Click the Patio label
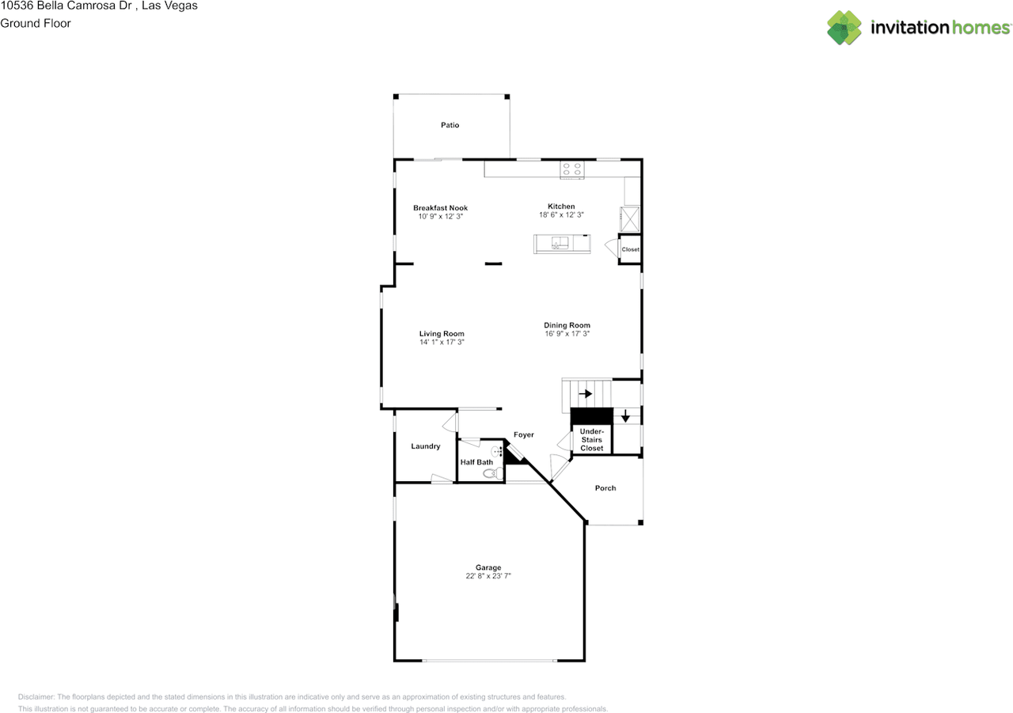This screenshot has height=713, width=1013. [x=450, y=125]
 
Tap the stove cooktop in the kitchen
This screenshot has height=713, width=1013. [x=571, y=169]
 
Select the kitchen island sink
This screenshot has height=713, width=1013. [x=560, y=243]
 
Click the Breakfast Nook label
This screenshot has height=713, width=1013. [x=440, y=208]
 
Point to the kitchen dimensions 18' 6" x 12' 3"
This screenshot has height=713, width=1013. [x=561, y=214]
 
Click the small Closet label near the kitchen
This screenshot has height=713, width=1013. [x=631, y=249]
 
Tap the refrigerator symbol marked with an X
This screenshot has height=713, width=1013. [x=629, y=219]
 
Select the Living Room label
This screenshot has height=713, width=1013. [x=442, y=334]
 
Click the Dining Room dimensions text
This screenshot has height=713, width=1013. [x=567, y=334]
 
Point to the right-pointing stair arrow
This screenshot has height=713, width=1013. [x=585, y=394]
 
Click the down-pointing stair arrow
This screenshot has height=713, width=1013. [x=625, y=416]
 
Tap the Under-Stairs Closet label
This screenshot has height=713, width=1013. [x=591, y=439]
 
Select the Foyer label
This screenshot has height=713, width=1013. [x=524, y=435]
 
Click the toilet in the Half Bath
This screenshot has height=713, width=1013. [x=493, y=473]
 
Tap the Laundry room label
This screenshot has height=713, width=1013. [x=426, y=446]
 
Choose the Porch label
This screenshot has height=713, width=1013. [x=605, y=488]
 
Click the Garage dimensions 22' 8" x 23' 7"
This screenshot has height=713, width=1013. [x=488, y=576]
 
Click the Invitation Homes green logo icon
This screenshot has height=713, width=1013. [x=844, y=28]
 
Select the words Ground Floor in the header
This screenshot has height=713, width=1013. [x=36, y=24]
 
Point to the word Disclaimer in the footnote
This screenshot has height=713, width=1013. [x=36, y=697]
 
